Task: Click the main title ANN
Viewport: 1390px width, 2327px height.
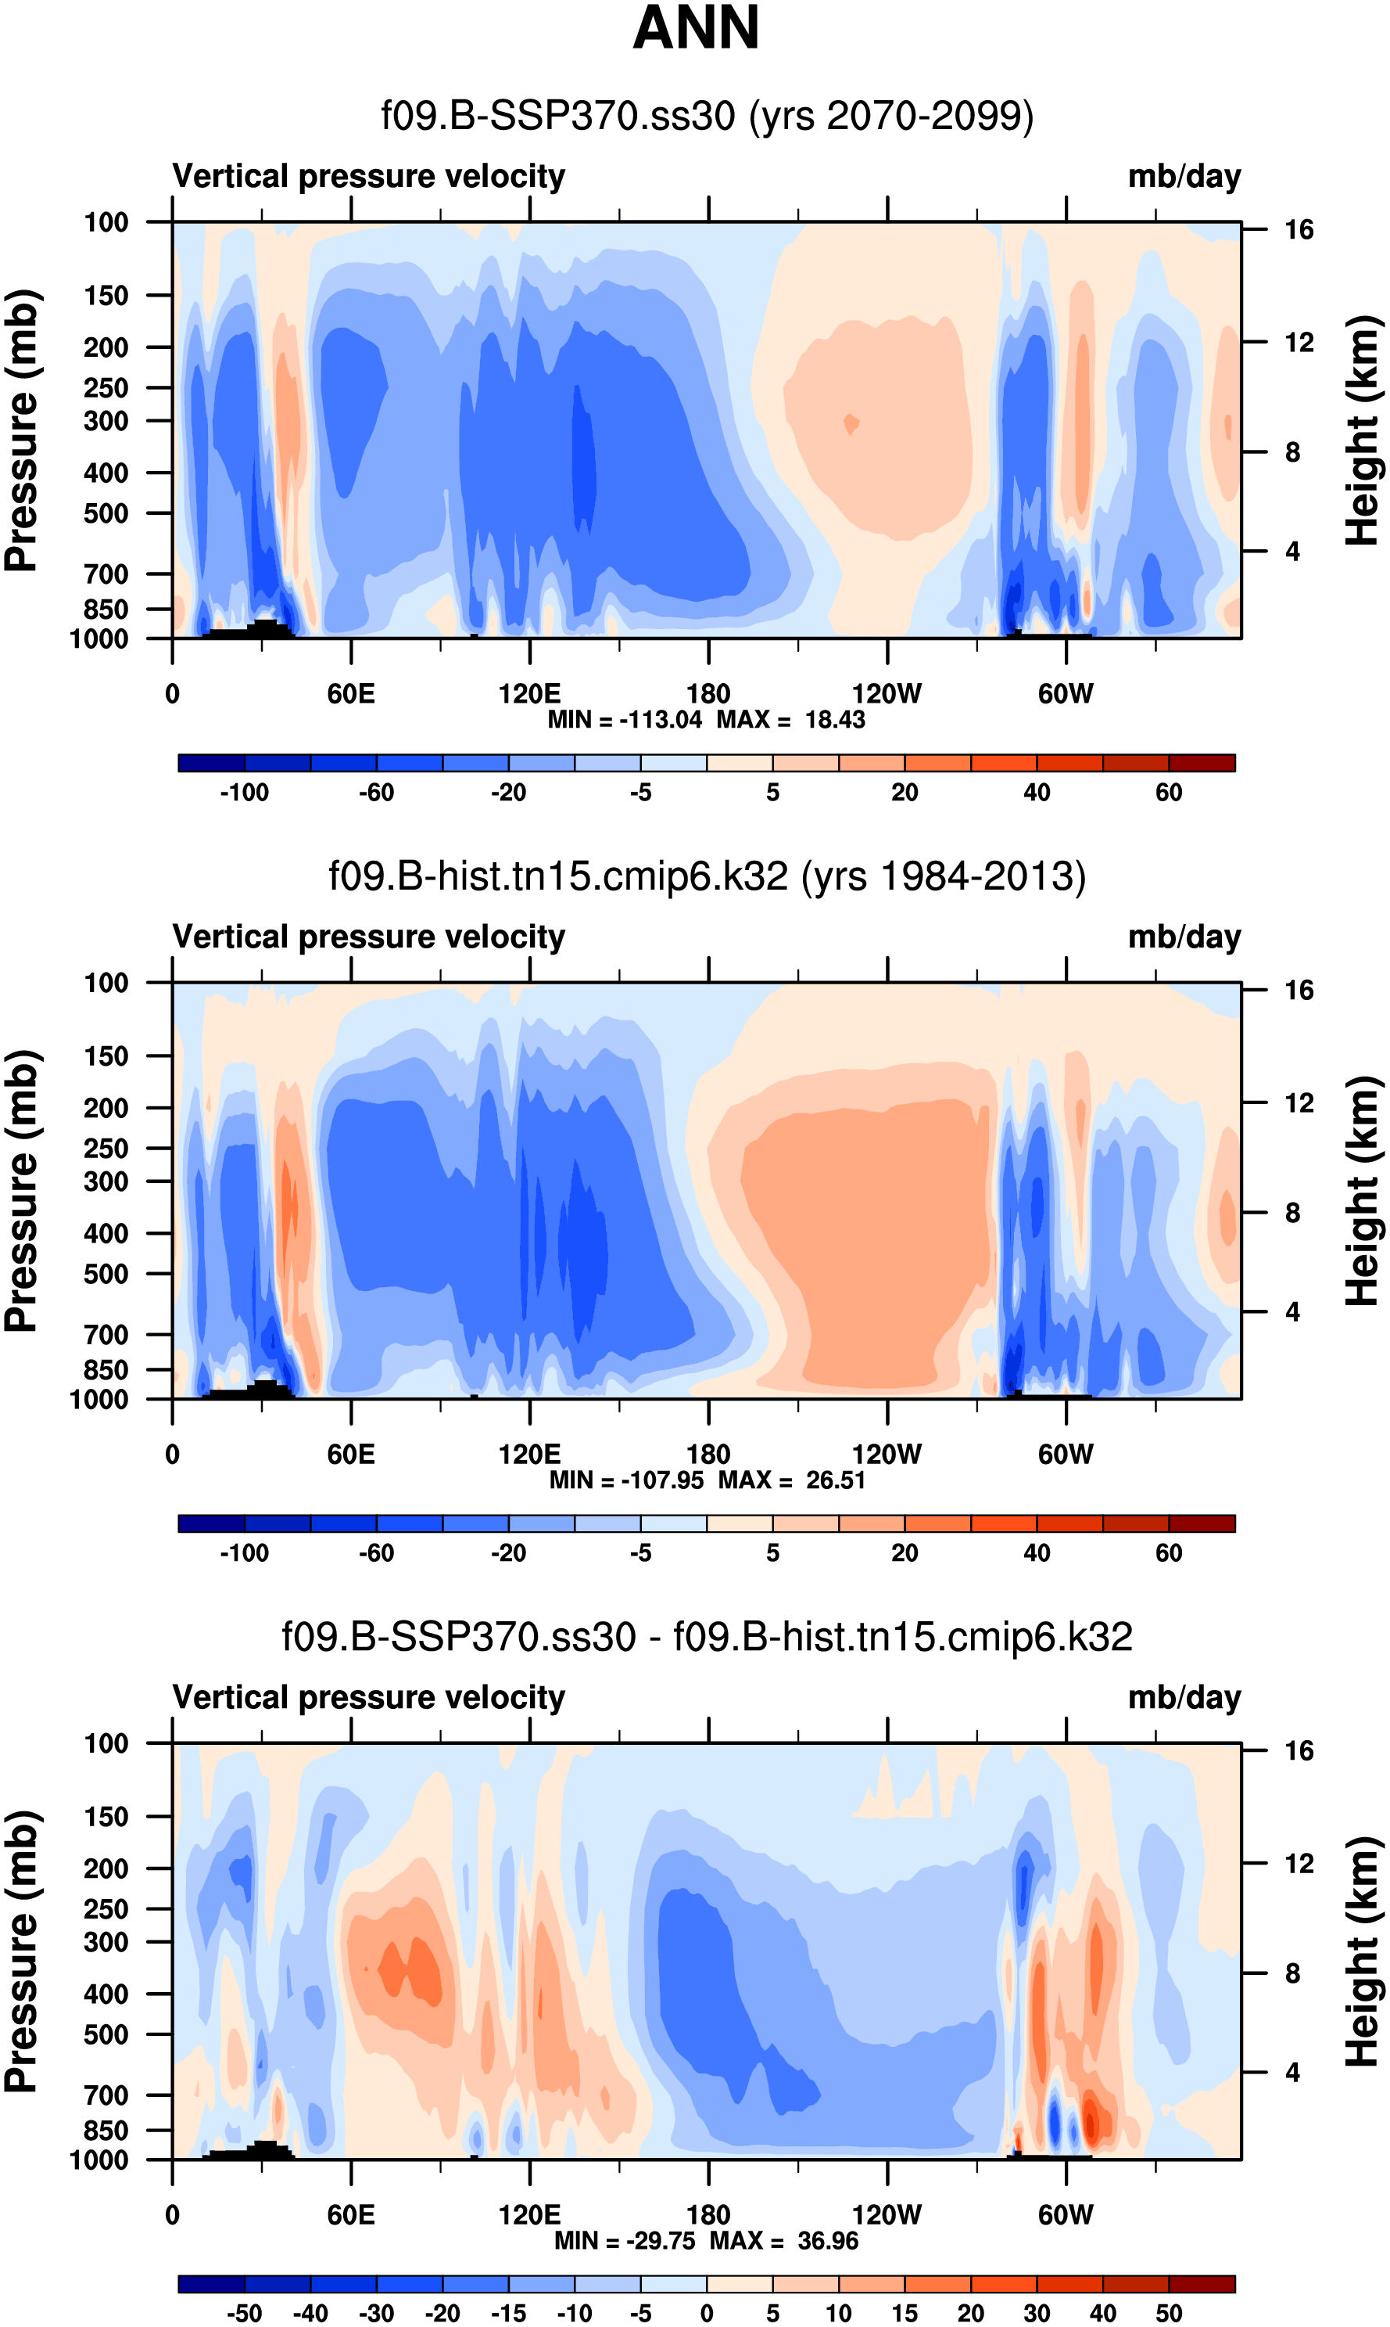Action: pos(695,28)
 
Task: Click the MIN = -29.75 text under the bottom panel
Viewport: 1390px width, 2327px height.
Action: pos(628,2240)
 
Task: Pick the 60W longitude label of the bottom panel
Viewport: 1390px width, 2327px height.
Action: pos(1065,2214)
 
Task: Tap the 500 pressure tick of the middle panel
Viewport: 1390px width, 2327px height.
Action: pos(106,1275)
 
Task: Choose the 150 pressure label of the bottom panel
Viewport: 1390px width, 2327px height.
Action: pos(106,1817)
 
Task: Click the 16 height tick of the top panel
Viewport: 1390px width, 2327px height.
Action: pos(1299,229)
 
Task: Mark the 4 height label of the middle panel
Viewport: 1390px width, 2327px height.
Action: pos(1292,1312)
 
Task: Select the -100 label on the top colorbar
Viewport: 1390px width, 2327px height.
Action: pos(245,793)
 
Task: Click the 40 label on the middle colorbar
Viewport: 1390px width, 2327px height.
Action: pos(1036,1553)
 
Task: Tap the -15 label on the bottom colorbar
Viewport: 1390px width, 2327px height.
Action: pos(509,2313)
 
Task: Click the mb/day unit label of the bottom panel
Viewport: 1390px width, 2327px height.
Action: pos(1184,1698)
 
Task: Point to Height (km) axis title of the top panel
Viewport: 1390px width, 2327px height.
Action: pos(1363,431)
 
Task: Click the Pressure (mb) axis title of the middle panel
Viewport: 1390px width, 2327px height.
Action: pos(20,1190)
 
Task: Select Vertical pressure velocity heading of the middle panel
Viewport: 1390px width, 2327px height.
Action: pos(369,937)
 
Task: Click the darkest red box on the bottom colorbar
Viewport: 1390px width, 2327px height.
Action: pos(1202,2284)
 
